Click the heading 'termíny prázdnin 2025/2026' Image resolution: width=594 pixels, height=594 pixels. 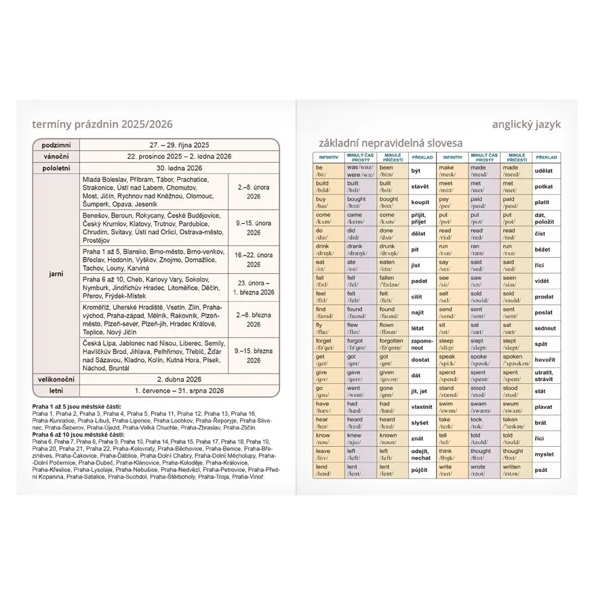tap(102, 124)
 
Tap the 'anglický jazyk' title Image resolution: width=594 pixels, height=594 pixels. tap(528, 124)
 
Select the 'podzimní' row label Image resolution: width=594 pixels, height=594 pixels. tap(56, 145)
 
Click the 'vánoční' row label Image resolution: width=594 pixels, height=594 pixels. tap(56, 156)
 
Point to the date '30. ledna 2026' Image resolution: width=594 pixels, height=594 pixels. tap(179, 167)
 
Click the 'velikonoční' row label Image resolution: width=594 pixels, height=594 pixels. tap(56, 380)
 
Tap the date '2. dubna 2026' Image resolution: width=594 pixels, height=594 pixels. tap(179, 380)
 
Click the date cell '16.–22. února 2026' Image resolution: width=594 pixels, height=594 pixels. tap(254, 260)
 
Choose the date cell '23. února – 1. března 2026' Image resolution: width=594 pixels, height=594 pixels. tap(254, 288)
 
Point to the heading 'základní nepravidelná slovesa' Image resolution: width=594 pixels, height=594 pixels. tap(391, 143)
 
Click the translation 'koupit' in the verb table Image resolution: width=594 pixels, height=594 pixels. tap(420, 202)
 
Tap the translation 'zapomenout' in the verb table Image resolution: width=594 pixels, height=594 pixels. tap(421, 344)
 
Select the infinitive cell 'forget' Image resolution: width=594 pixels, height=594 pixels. tap(325, 344)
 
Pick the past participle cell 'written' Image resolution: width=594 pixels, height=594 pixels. tap(514, 470)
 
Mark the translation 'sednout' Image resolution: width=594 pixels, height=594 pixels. tap(545, 329)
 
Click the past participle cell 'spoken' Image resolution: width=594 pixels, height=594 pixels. tap(514, 359)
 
